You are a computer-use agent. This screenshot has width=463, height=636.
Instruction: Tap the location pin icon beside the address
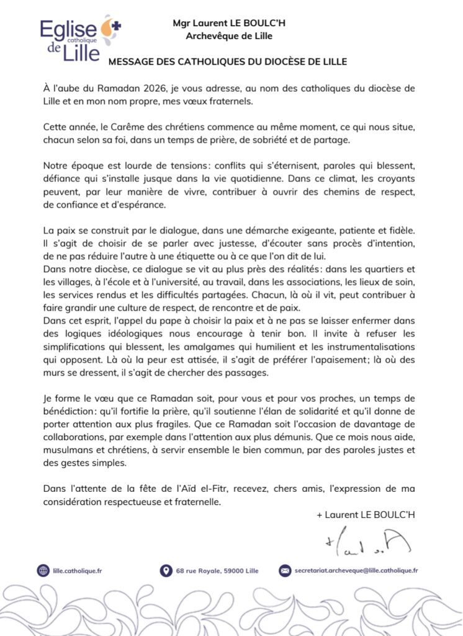166,570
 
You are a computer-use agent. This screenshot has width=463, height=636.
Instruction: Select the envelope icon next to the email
285,570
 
